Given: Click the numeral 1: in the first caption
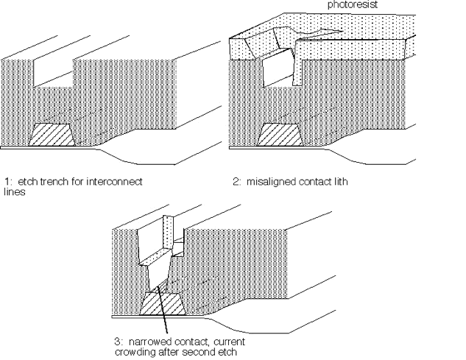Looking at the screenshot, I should click(8, 180).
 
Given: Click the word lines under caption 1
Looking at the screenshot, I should click(13, 188).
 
